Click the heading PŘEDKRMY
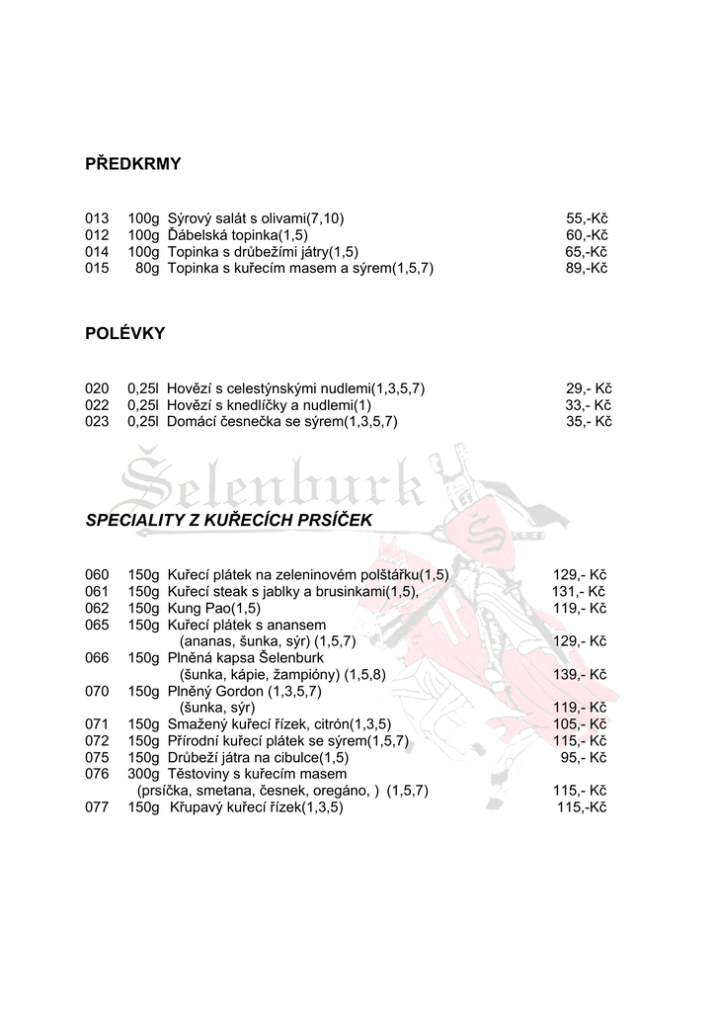[x=133, y=164]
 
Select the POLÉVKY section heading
[x=125, y=334]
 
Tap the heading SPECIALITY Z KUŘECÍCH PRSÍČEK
[x=230, y=519]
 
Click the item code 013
[x=97, y=217]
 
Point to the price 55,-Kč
[x=587, y=217]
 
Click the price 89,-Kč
[x=587, y=268]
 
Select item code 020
[x=97, y=387]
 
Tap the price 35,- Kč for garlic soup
[x=589, y=421]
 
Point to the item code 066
[x=97, y=657]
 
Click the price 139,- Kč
[x=580, y=674]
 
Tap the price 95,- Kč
[x=583, y=758]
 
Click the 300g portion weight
[x=143, y=774]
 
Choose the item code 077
[x=97, y=807]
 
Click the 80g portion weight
[x=147, y=268]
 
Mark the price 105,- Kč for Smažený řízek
[x=580, y=724]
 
